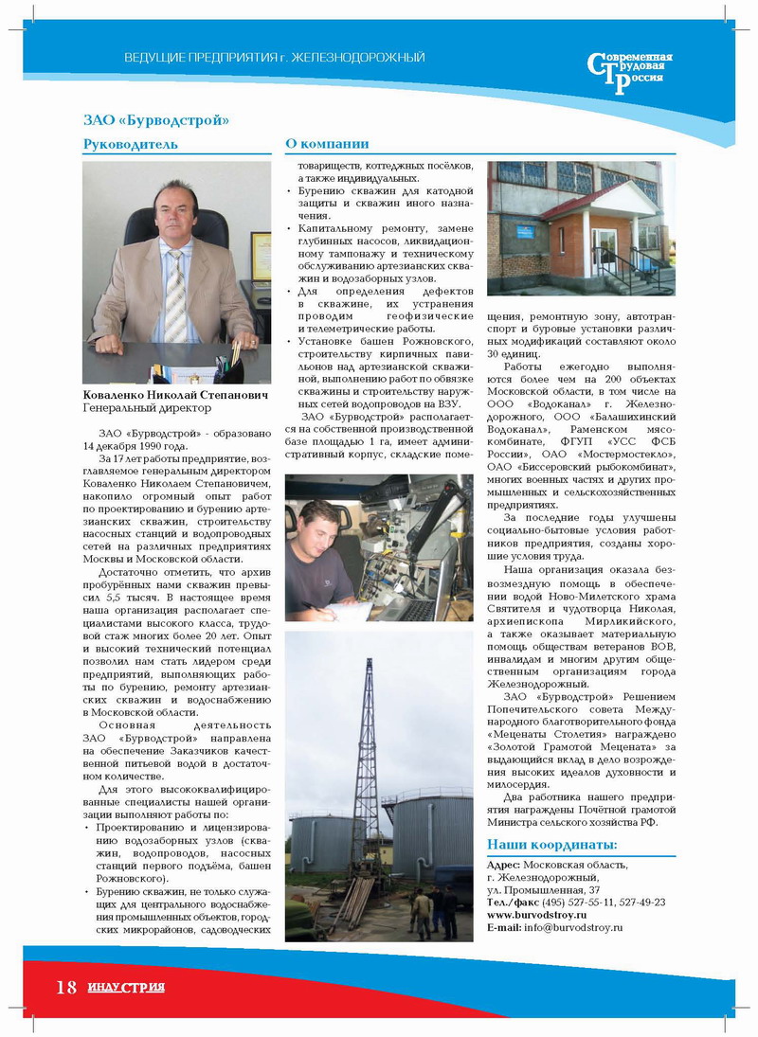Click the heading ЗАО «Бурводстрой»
(156, 120)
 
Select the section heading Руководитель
(130, 145)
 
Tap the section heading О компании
(327, 144)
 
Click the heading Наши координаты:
(551, 845)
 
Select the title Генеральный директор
(147, 407)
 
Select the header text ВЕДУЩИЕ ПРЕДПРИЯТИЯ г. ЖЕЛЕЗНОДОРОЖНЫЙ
(275, 59)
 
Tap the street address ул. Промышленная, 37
(542, 891)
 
